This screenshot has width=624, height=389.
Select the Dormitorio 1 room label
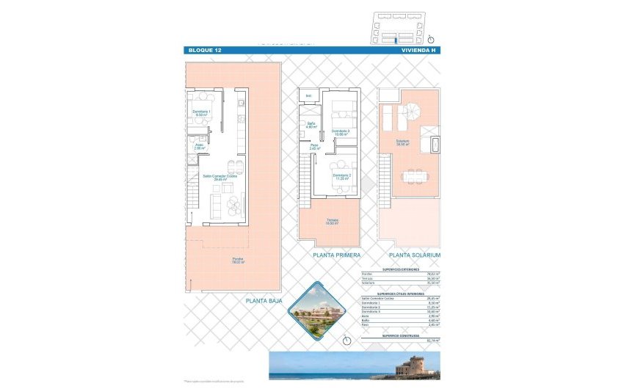pyautogui.click(x=201, y=113)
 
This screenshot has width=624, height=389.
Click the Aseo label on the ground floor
pyautogui.click(x=199, y=146)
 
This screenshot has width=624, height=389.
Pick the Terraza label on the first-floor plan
pyautogui.click(x=333, y=222)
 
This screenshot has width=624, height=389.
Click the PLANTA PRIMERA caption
pyautogui.click(x=336, y=255)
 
